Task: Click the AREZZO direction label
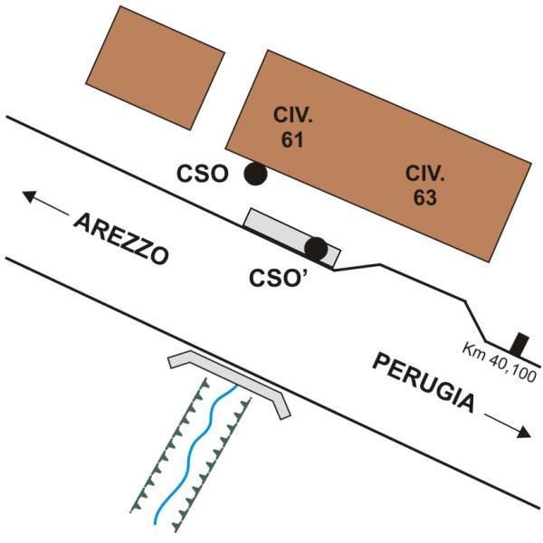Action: click(x=121, y=239)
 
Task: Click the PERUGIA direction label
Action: click(x=423, y=383)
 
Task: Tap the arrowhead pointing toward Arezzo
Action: click(x=30, y=196)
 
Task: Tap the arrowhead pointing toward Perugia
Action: click(x=524, y=432)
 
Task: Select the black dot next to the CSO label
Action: click(x=255, y=174)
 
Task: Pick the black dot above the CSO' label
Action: click(x=316, y=249)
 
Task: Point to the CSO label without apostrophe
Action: click(x=203, y=174)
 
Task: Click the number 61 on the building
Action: click(x=292, y=140)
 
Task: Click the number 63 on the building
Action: click(x=425, y=198)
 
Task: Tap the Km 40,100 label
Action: click(x=500, y=362)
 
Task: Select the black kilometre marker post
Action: click(x=520, y=345)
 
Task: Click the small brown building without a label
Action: click(x=155, y=68)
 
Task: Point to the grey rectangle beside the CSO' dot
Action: click(x=292, y=238)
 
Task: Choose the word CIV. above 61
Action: click(x=292, y=115)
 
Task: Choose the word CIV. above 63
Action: click(x=425, y=173)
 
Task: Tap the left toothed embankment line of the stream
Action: click(x=168, y=445)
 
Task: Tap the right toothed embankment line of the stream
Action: click(x=212, y=465)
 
